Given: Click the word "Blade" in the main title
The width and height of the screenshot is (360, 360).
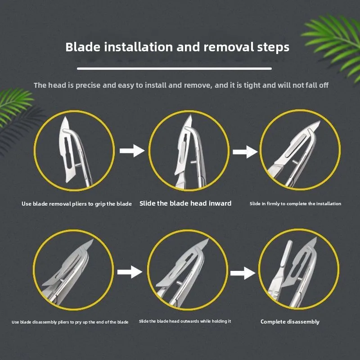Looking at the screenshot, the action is click(x=83, y=47).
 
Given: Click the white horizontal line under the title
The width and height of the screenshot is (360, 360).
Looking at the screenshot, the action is click(x=174, y=68).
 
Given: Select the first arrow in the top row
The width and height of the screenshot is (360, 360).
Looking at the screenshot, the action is click(x=132, y=151).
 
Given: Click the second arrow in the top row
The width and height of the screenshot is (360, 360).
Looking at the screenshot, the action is click(x=245, y=152).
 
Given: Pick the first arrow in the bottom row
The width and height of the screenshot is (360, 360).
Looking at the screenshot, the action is click(x=130, y=272).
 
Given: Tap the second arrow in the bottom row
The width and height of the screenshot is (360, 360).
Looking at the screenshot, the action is click(x=243, y=273).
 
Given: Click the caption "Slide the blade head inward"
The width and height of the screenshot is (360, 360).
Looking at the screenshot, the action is click(x=185, y=203).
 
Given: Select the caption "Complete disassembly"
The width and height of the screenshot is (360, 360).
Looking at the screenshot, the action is click(x=290, y=322).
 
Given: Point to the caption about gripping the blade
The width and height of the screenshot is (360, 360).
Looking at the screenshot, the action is click(x=76, y=204).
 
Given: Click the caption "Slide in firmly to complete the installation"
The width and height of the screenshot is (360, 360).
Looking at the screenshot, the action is click(x=296, y=204).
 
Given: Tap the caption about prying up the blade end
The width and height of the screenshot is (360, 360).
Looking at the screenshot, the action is click(x=70, y=322).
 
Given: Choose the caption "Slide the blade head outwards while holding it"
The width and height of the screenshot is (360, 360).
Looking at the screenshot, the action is click(x=185, y=321).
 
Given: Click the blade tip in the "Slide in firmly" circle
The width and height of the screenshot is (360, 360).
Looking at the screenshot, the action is click(x=319, y=121).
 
